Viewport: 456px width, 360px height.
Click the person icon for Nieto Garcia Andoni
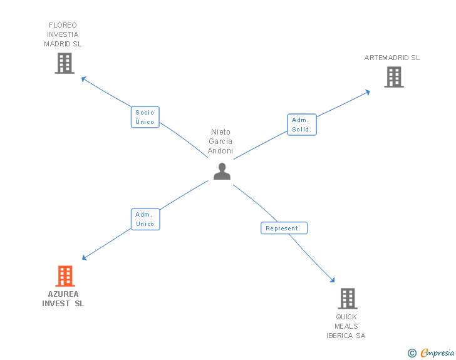(x=222, y=171)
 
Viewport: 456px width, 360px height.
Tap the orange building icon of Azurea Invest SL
(x=65, y=276)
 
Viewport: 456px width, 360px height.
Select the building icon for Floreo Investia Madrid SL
(x=65, y=63)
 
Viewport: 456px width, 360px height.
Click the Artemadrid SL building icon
(x=393, y=77)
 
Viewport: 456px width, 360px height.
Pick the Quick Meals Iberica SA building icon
(x=348, y=299)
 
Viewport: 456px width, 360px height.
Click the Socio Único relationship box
(x=145, y=117)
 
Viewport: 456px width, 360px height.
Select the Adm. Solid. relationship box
(x=302, y=125)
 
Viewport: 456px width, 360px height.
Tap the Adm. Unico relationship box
(x=145, y=219)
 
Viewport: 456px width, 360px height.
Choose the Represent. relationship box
(x=283, y=229)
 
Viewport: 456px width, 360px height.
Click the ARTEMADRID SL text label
(x=392, y=58)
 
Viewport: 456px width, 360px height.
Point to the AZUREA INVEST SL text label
(x=63, y=299)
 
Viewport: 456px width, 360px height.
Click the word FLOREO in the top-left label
(x=63, y=25)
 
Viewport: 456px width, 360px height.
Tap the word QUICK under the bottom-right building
(x=346, y=317)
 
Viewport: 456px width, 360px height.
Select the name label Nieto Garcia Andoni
(x=220, y=141)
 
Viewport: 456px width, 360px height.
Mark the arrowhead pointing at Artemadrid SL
(x=368, y=92)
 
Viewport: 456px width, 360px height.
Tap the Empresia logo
(x=437, y=353)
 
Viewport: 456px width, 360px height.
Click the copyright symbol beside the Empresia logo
(x=412, y=354)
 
